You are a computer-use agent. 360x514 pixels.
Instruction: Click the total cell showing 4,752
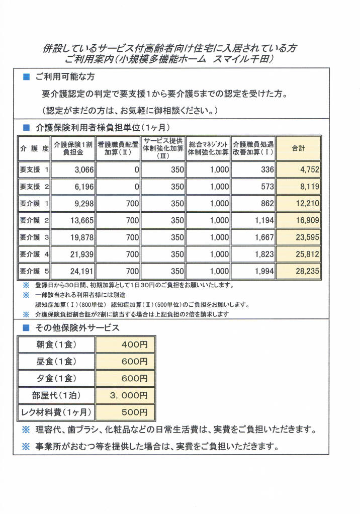coord(299,170)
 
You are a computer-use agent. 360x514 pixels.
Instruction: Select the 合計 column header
coord(299,148)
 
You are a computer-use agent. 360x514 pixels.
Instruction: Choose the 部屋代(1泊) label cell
coord(56,395)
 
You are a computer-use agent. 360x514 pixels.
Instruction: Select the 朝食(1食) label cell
coord(56,345)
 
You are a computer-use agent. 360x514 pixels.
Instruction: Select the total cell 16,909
coord(299,220)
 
